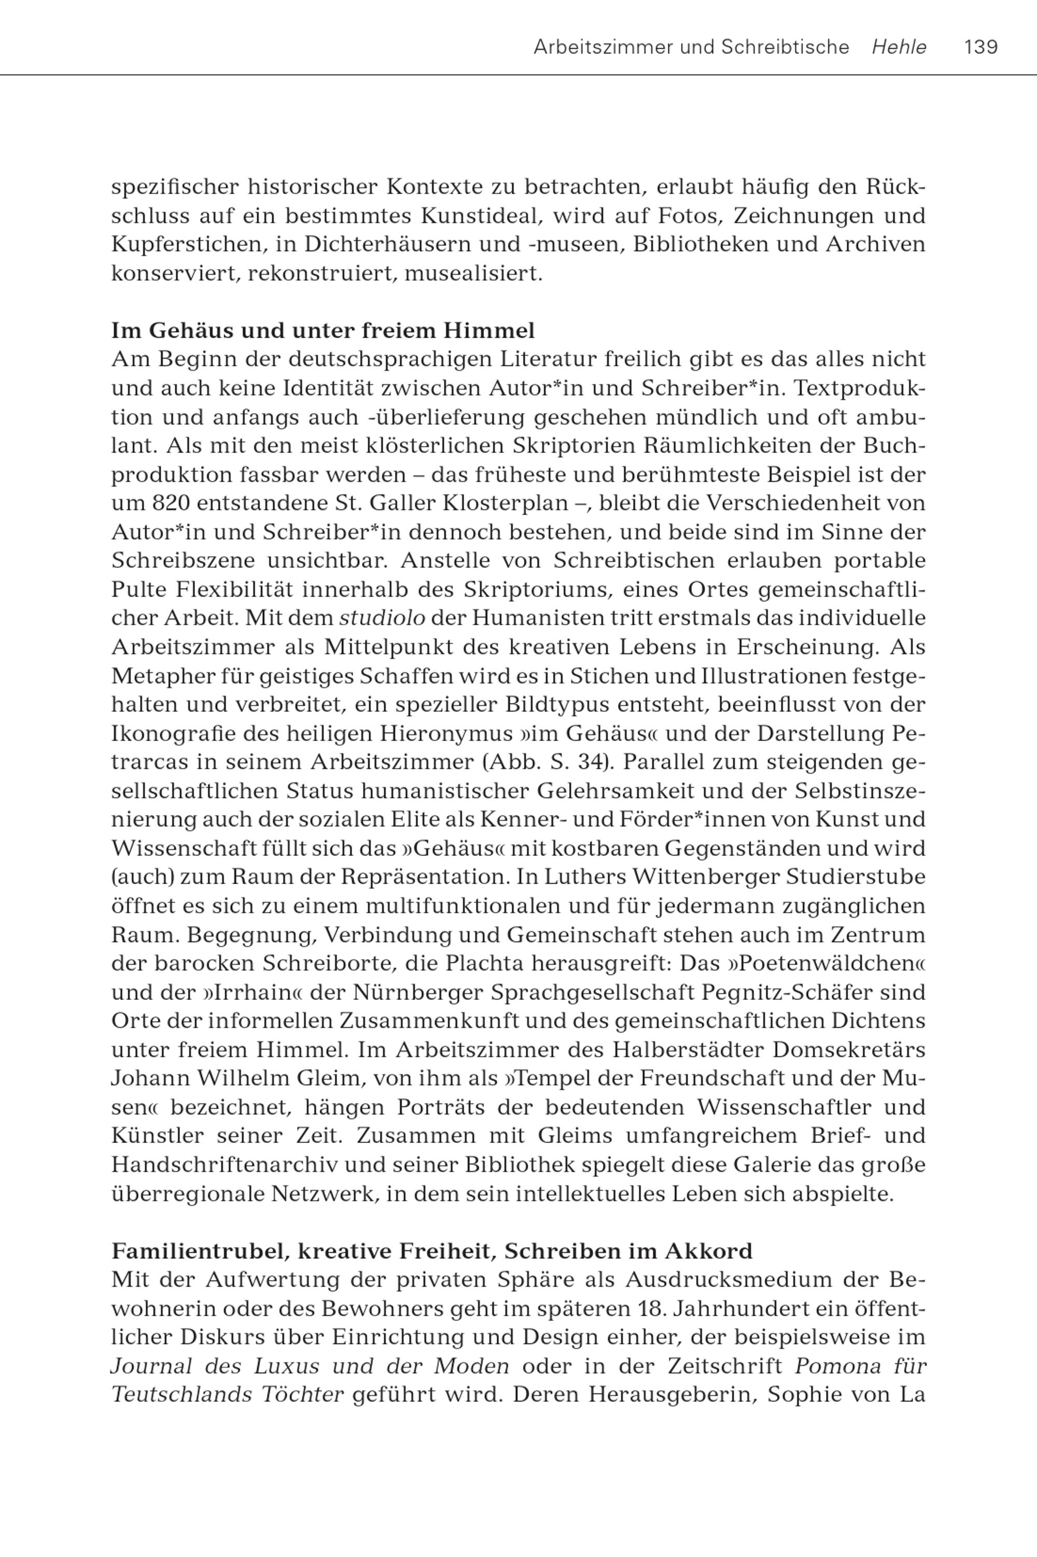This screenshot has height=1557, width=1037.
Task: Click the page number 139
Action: pyautogui.click(x=981, y=47)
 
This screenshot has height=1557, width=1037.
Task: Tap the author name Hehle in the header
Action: pyautogui.click(x=899, y=47)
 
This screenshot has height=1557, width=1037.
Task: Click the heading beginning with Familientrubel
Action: pyautogui.click(x=432, y=1250)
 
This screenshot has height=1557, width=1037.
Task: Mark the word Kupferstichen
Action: pyautogui.click(x=190, y=244)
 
